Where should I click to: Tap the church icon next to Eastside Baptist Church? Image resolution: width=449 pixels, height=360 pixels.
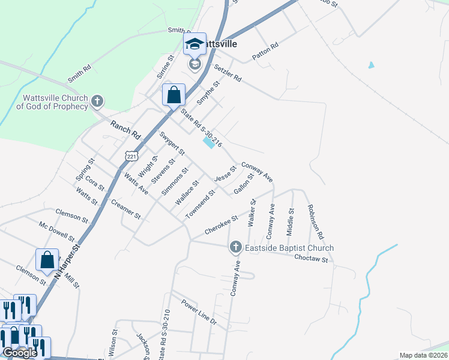pyautogui.click(x=236, y=247)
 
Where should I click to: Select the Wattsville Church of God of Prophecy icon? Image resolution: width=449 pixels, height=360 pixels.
pyautogui.click(x=98, y=102)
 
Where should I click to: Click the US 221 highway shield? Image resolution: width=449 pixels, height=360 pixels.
pyautogui.click(x=131, y=156)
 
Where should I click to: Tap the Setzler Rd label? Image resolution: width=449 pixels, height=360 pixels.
pyautogui.click(x=228, y=73)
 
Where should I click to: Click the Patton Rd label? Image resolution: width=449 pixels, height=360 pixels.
pyautogui.click(x=265, y=52)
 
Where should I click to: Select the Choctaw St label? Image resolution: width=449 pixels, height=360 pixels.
pyautogui.click(x=311, y=260)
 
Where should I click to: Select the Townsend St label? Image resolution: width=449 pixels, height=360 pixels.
pyautogui.click(x=199, y=204)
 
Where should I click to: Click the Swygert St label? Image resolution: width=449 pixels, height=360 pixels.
pyautogui.click(x=172, y=142)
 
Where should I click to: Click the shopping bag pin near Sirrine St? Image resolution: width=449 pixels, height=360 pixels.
pyautogui.click(x=173, y=95)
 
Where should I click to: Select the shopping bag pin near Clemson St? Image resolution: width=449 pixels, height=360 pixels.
pyautogui.click(x=47, y=260)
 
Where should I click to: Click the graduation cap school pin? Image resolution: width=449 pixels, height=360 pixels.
pyautogui.click(x=194, y=44)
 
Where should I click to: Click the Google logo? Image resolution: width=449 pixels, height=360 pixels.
pyautogui.click(x=20, y=353)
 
